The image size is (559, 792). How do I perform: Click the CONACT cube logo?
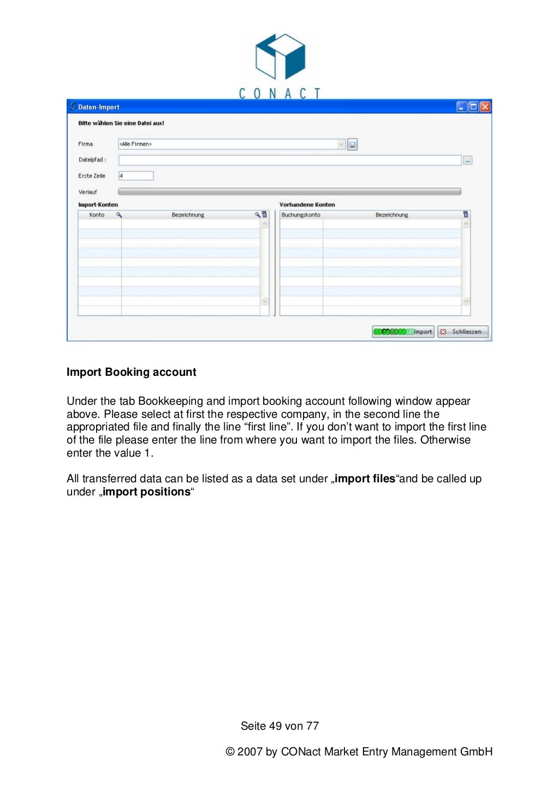280,57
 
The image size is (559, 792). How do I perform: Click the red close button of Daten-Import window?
485,107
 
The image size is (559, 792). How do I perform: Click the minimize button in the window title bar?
462,107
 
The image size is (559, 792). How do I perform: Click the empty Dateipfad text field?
289,160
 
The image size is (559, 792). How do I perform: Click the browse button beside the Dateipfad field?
468,161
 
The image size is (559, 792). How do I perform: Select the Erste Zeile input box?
136,176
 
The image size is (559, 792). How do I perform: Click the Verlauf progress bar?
289,192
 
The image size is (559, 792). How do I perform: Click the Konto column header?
97,215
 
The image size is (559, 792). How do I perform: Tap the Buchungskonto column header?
301,215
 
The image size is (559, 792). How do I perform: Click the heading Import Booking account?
131,372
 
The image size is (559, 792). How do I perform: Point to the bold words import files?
365,479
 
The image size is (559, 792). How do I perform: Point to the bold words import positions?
146,492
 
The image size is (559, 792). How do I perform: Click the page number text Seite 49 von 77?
279,726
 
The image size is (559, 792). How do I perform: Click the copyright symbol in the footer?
230,752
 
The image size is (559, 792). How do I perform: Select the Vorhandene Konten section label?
307,205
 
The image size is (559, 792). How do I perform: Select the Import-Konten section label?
98,205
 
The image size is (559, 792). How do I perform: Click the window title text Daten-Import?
98,108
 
